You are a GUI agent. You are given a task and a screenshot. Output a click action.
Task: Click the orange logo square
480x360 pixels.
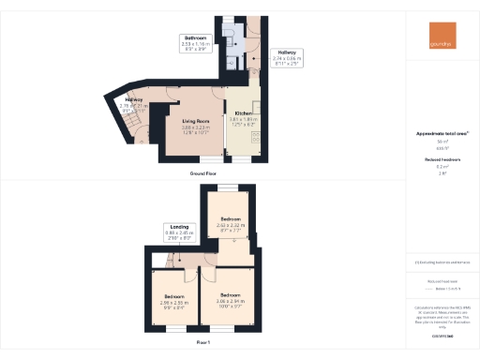tap(440, 38)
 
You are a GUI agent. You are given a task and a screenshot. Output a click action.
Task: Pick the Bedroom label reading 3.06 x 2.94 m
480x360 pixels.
tap(231, 303)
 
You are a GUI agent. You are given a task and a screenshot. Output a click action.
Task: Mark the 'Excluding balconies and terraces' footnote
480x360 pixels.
tap(442, 262)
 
